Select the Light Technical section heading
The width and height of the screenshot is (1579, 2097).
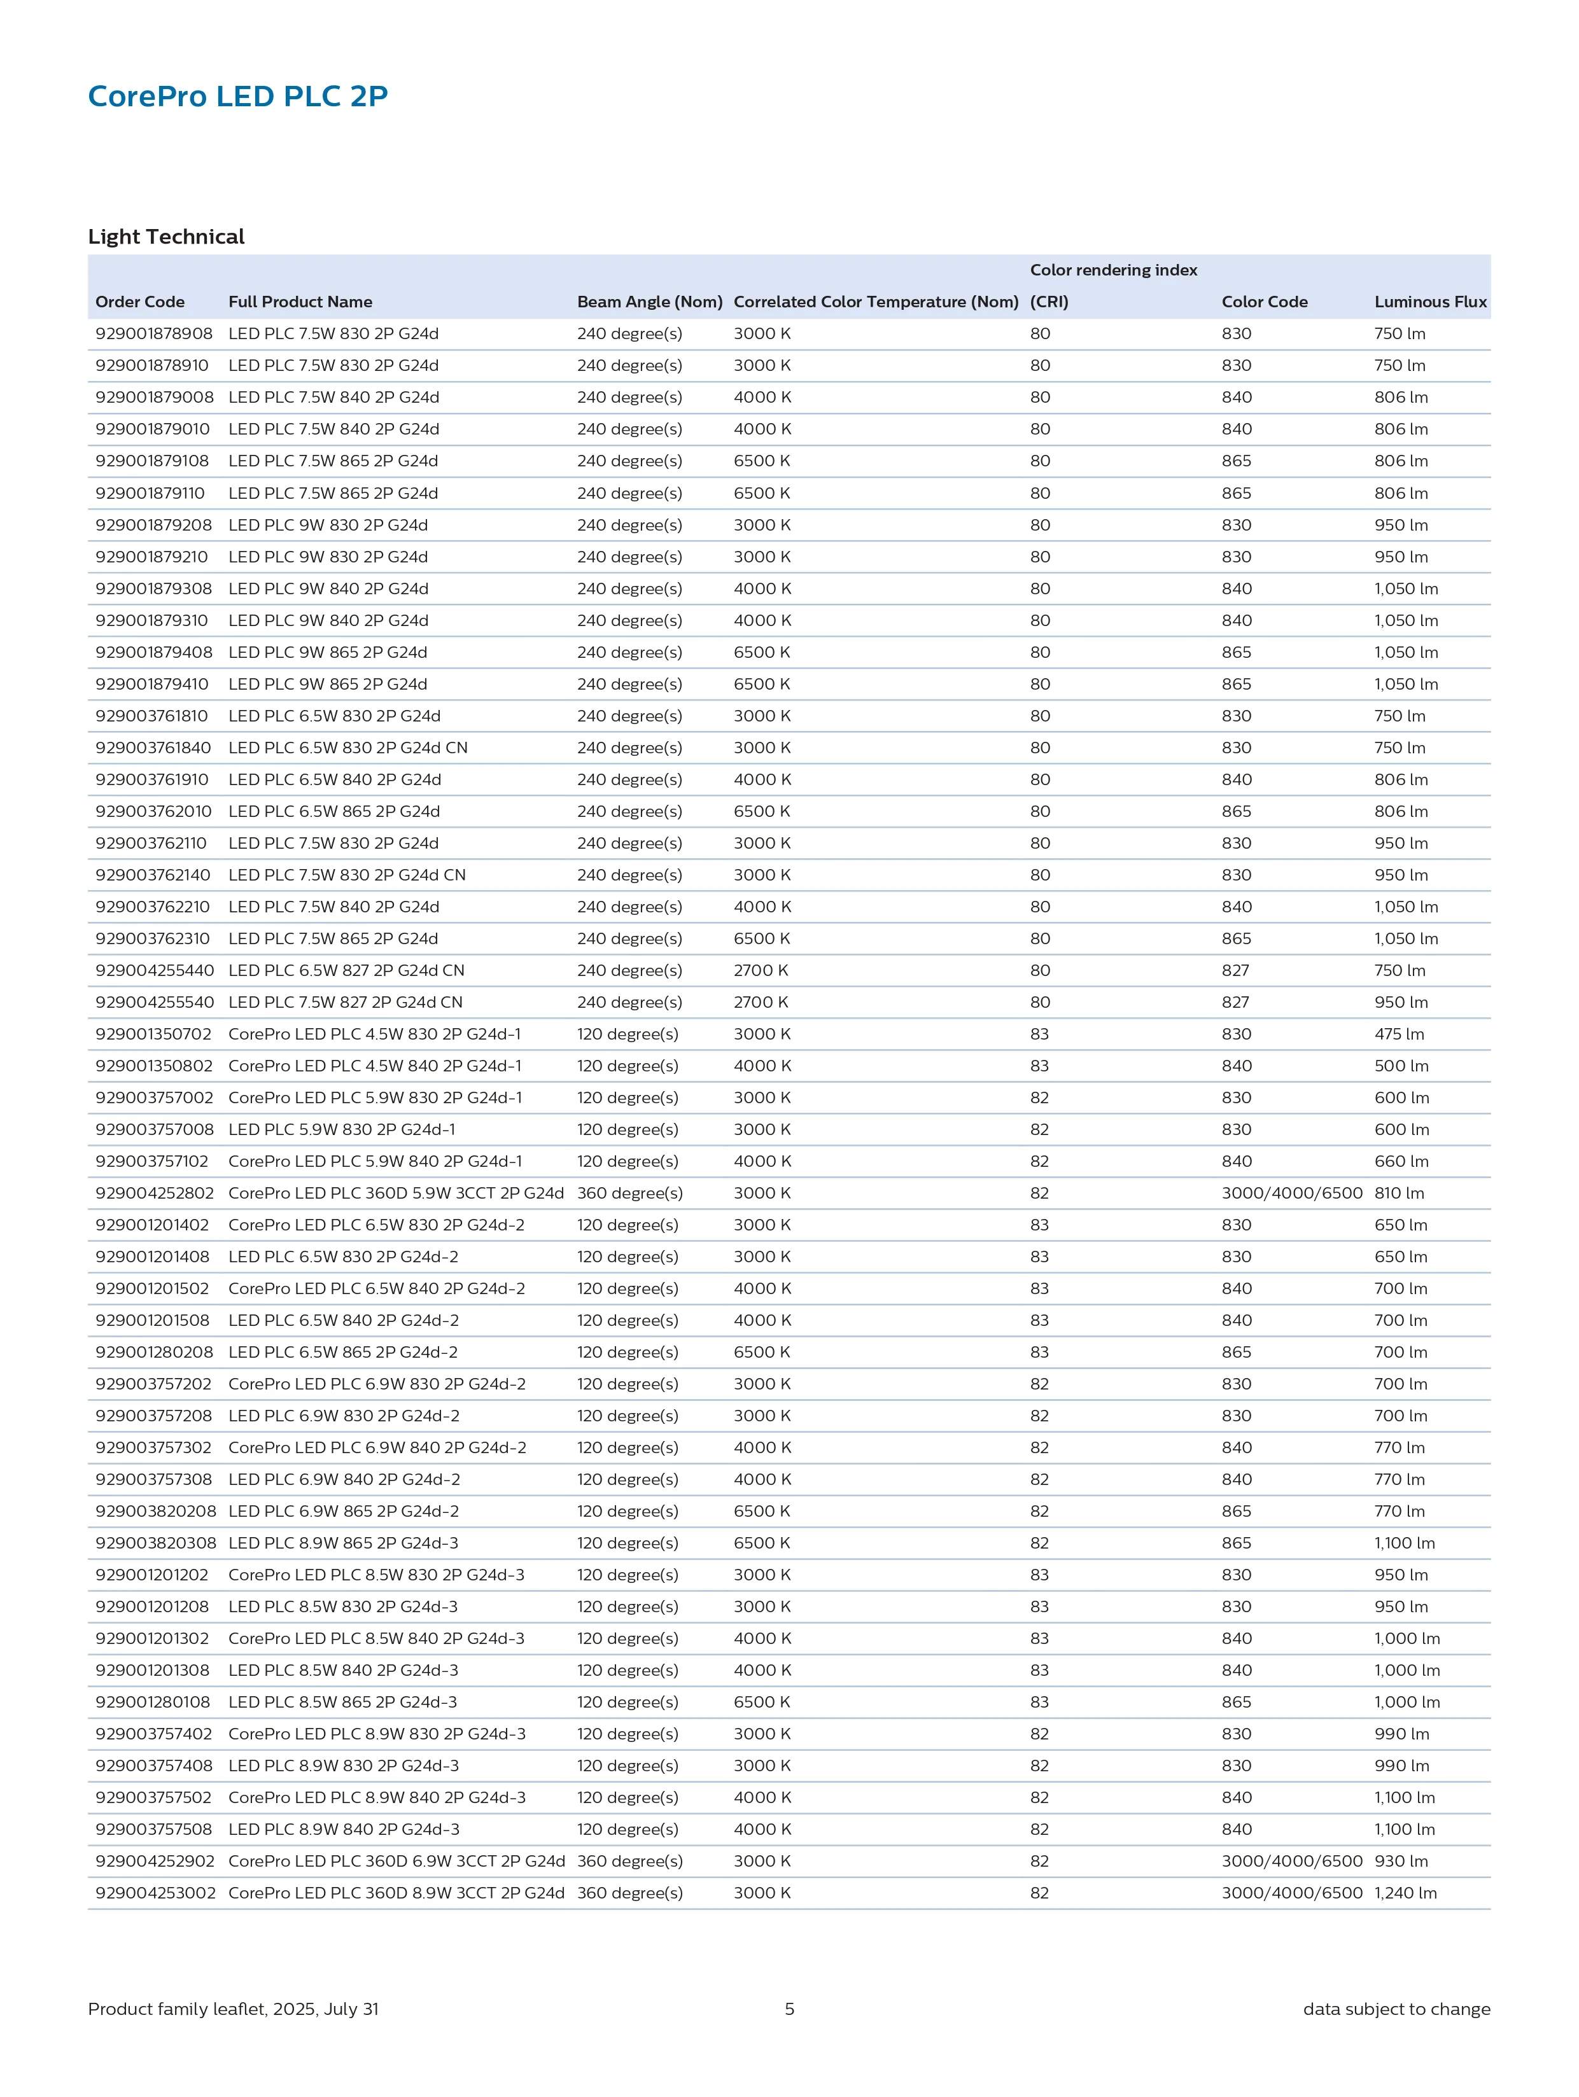[x=166, y=237]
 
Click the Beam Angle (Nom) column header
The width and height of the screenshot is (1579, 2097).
[x=650, y=302]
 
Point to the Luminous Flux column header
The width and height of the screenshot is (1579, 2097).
[x=1430, y=302]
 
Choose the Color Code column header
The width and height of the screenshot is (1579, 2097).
[x=1264, y=302]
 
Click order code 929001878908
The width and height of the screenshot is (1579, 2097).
[x=153, y=333]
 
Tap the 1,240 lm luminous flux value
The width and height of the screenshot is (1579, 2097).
[x=1405, y=1893]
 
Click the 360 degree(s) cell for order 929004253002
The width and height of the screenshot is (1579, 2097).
[x=629, y=1893]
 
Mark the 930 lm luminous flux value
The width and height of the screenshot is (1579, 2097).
[x=1401, y=1861]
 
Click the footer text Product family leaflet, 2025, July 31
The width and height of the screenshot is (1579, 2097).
[x=234, y=2009]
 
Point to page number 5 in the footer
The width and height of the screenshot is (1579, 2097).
[x=789, y=2009]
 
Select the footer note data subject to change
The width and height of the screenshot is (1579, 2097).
[x=1396, y=2009]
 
